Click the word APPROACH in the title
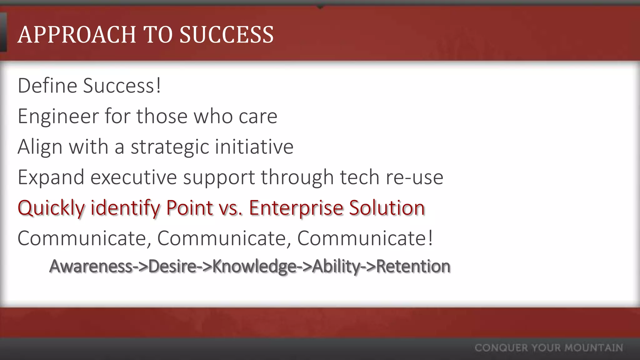click(x=77, y=34)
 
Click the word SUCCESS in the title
click(x=227, y=34)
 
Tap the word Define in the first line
click(x=47, y=85)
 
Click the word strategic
click(x=170, y=147)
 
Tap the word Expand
click(x=51, y=177)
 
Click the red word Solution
click(x=387, y=207)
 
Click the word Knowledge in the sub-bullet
click(x=254, y=266)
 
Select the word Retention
click(x=413, y=266)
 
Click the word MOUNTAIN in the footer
click(x=594, y=348)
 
